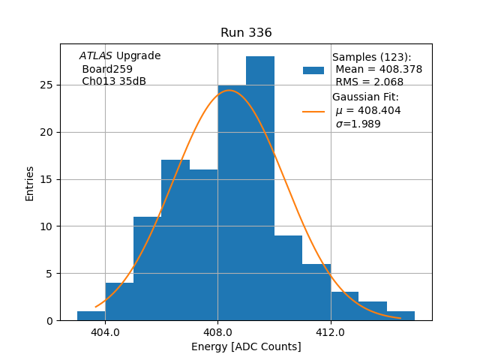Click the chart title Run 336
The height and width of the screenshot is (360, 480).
coord(246,33)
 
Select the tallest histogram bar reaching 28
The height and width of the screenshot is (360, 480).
coord(260,187)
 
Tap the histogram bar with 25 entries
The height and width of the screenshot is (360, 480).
coord(232,202)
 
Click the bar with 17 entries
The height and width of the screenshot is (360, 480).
coord(175,240)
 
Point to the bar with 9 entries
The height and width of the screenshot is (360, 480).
coord(288,277)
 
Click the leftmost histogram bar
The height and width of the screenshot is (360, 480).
coord(91,316)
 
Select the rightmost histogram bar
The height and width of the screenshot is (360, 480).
coord(400,316)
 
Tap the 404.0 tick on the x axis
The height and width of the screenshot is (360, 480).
coord(105,332)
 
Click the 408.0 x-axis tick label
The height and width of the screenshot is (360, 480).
coord(217,332)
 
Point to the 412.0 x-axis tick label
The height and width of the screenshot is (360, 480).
coord(330,332)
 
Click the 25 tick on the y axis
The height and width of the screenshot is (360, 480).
coord(46,85)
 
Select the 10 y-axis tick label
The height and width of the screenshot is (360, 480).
coord(46,226)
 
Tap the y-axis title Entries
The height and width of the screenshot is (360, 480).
coord(30,183)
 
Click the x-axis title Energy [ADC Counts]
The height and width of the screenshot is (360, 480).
coord(246,346)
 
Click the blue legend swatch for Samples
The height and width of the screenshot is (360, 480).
coord(313,70)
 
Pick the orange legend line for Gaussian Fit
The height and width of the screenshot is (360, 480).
coord(313,111)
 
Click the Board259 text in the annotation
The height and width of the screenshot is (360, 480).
coord(107,69)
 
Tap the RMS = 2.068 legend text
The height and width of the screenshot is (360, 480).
coord(369,82)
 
